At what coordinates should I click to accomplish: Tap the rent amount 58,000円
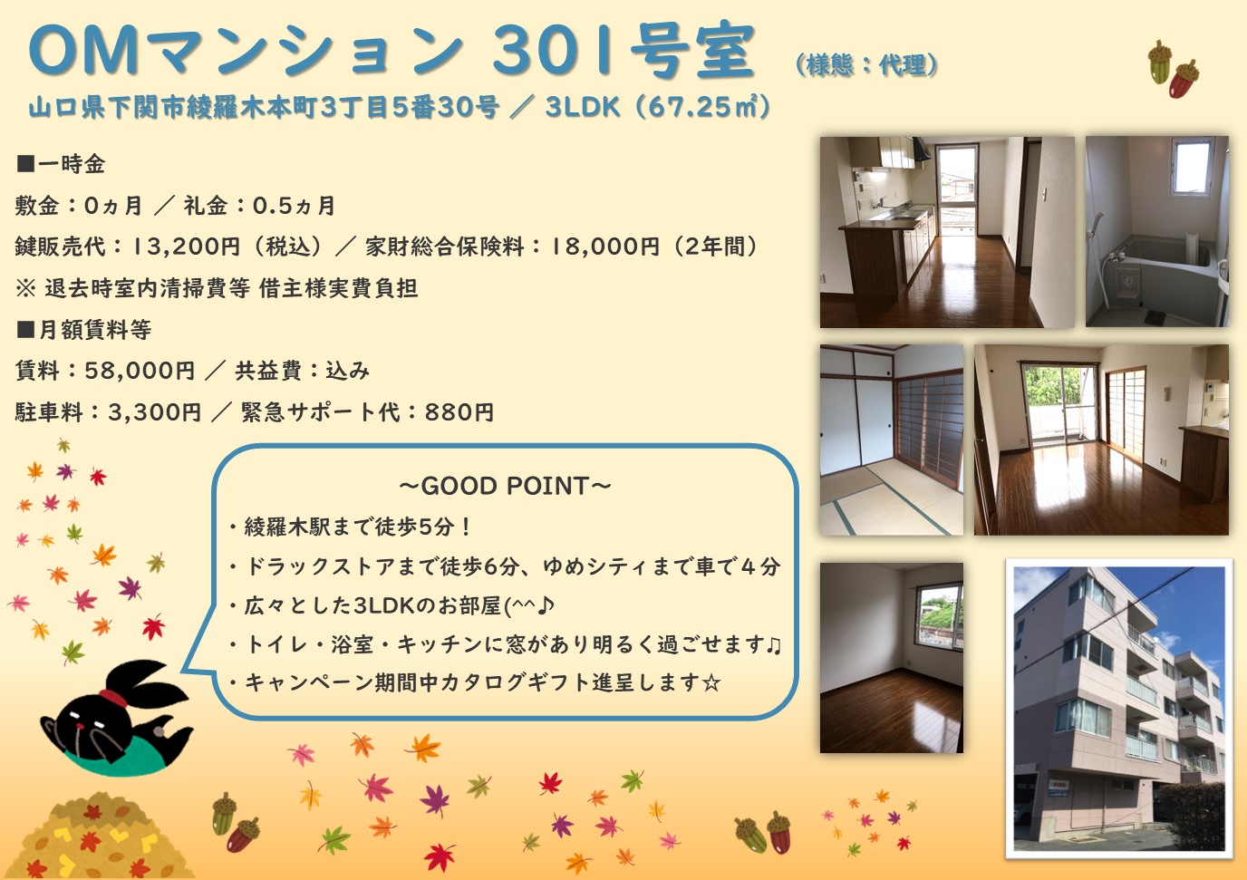pyautogui.click(x=140, y=371)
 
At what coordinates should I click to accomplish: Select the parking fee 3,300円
pyautogui.click(x=154, y=412)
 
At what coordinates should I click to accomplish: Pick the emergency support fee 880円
pyautogui.click(x=459, y=412)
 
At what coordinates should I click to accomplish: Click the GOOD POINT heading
pyautogui.click(x=506, y=486)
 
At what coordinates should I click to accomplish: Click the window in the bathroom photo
pyautogui.click(x=1192, y=166)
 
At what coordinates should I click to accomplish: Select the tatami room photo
pyautogui.click(x=891, y=440)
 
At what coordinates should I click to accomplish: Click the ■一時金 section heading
pyautogui.click(x=61, y=164)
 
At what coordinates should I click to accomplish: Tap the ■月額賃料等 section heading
pyautogui.click(x=83, y=330)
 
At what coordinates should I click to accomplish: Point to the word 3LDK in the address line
pyautogui.click(x=583, y=107)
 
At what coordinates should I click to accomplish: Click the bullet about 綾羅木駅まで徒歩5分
pyautogui.click(x=350, y=527)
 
